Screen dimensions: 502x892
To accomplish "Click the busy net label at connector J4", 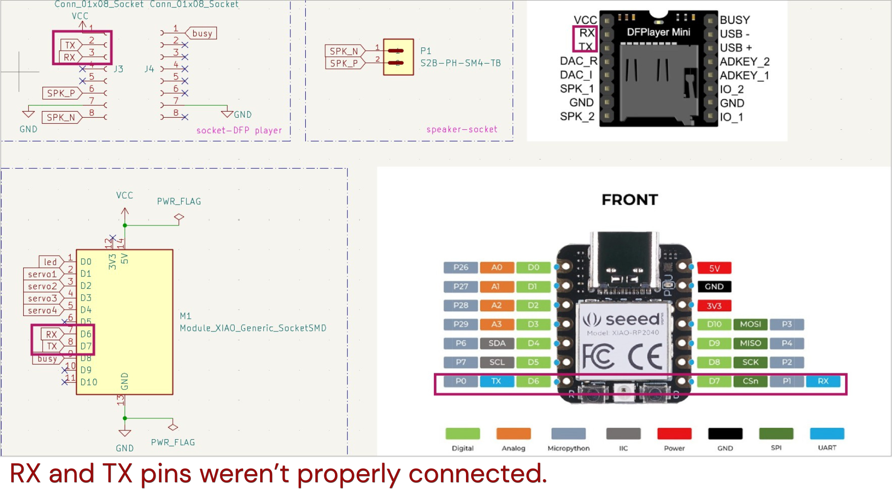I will pos(202,33).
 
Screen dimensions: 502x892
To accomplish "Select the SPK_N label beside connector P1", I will pos(344,51).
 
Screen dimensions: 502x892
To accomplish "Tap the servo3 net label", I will pos(42,298).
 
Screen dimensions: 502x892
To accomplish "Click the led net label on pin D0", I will pos(50,262).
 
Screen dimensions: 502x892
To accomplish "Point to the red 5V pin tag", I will pos(714,268).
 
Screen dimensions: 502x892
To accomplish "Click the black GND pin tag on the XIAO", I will pos(714,287).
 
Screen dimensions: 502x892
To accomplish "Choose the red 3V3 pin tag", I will pos(714,306).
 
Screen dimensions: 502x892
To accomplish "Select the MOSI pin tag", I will pos(750,324).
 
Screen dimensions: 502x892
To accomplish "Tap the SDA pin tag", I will pos(497,343).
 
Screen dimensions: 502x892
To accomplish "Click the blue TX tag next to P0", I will pos(496,381).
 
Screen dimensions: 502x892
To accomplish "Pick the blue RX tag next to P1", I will pos(823,381).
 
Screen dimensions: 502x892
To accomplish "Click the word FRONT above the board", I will pos(630,200).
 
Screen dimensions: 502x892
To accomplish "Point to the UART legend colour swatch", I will pos(827,434).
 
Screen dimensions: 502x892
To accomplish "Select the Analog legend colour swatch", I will pos(513,434).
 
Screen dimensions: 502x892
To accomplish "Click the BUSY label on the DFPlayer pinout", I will pos(735,20).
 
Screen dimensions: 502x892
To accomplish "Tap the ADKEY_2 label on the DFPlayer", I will pos(744,61).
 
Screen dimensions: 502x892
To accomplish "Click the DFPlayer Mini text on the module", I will pos(658,32).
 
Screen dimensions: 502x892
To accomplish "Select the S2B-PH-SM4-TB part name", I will pos(460,63).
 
